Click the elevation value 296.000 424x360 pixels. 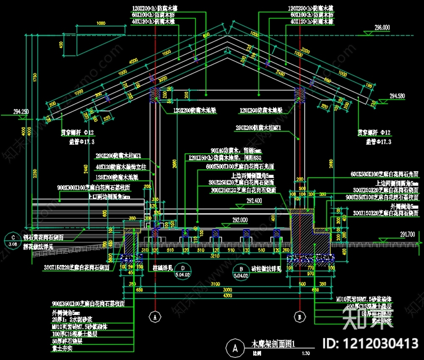(x=382, y=28)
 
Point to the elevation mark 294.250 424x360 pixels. (x=21, y=112)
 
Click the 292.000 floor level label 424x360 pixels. (x=240, y=220)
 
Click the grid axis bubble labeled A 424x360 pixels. (x=155, y=316)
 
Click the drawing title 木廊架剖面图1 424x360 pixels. (x=273, y=343)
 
